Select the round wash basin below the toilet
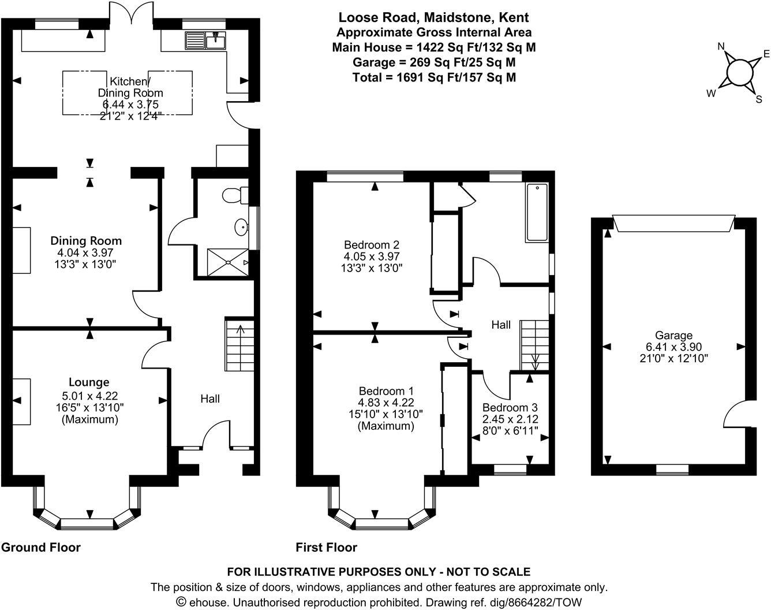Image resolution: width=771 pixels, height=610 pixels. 241,228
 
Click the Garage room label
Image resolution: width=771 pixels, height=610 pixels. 673,336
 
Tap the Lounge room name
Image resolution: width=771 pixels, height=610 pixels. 89,382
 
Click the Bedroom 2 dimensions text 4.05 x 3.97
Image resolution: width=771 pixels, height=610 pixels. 372,256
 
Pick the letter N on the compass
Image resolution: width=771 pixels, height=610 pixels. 721,47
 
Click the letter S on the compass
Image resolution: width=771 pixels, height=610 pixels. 759,99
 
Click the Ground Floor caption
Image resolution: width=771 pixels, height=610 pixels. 41,547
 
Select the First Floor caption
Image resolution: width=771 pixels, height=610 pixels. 327,547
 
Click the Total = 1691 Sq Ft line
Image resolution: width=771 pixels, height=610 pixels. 434,77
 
